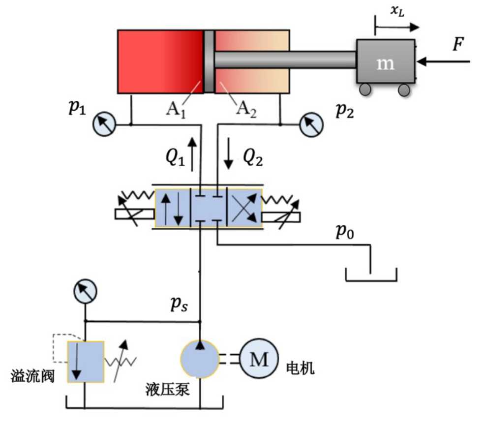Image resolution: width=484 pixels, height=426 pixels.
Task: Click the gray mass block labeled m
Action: (x=386, y=61)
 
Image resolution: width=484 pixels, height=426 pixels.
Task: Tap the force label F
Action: (x=458, y=44)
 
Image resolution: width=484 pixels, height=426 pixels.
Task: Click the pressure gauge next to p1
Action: (x=104, y=124)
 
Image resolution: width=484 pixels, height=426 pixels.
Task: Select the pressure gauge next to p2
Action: (x=312, y=125)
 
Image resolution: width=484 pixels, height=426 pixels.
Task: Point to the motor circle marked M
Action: (x=259, y=359)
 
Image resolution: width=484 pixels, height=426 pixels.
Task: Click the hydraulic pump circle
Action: (x=200, y=359)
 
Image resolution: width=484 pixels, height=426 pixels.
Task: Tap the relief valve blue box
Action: (x=86, y=362)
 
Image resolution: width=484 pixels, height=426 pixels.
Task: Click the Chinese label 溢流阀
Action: (x=32, y=376)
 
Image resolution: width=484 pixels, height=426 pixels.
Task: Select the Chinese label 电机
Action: (x=300, y=368)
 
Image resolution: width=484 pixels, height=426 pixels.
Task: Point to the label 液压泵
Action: (x=167, y=389)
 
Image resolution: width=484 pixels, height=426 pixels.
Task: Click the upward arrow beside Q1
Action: (x=192, y=154)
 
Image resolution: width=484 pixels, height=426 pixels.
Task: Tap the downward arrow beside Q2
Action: (x=228, y=153)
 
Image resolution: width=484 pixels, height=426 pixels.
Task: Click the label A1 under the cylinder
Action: (x=176, y=110)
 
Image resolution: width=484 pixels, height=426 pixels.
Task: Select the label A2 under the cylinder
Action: (x=246, y=109)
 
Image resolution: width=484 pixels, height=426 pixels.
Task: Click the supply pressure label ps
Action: (x=179, y=304)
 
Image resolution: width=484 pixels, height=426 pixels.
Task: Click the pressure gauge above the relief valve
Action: (x=85, y=291)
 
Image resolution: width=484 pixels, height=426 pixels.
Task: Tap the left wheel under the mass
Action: (x=365, y=90)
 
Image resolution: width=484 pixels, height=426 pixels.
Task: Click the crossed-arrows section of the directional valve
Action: (x=244, y=209)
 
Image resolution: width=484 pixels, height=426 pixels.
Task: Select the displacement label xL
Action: (x=397, y=11)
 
